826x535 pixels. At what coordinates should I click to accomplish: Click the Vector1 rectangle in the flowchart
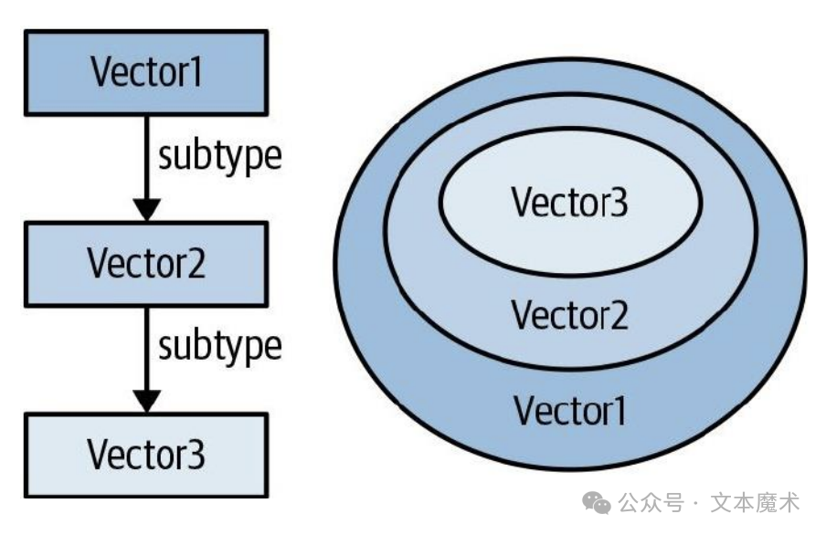point(146,73)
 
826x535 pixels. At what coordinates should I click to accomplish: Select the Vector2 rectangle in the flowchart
point(146,263)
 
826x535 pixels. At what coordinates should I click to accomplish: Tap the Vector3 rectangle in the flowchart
point(146,454)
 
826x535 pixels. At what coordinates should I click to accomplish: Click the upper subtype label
point(219,157)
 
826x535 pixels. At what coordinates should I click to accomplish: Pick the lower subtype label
point(219,347)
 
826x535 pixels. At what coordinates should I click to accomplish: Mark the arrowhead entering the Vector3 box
point(146,398)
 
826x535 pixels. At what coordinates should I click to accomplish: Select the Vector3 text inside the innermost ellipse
point(569,203)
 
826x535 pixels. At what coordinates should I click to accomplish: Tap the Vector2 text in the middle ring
point(569,316)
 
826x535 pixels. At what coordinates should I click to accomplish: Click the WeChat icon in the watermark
point(598,503)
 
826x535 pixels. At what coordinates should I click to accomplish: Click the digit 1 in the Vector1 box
point(196,73)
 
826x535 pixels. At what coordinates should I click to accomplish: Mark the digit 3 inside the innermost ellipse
point(619,203)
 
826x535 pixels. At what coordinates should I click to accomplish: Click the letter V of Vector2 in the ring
point(521,316)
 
